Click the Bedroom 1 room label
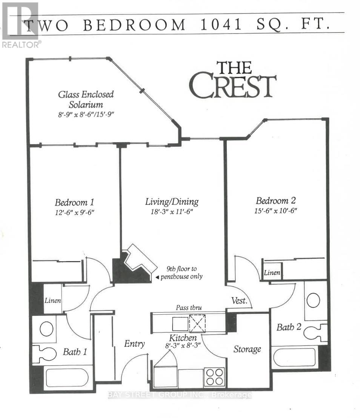pyautogui.click(x=74, y=203)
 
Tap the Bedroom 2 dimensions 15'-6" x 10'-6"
pyautogui.click(x=276, y=211)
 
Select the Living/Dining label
pyautogui.click(x=172, y=202)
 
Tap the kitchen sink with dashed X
pyautogui.click(x=197, y=323)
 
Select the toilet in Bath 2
pyautogui.click(x=315, y=332)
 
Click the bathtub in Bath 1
pyautogui.click(x=67, y=378)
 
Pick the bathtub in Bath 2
pyautogui.click(x=294, y=357)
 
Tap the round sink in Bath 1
pyautogui.click(x=46, y=329)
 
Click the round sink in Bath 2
pyautogui.click(x=313, y=300)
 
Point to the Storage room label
pyautogui.click(x=247, y=349)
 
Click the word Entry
pyautogui.click(x=134, y=344)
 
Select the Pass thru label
pyautogui.click(x=189, y=307)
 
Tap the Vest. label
pyautogui.click(x=239, y=301)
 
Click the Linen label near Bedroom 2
pyautogui.click(x=272, y=273)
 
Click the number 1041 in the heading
pyautogui.click(x=221, y=24)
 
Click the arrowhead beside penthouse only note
pyautogui.click(x=157, y=277)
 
